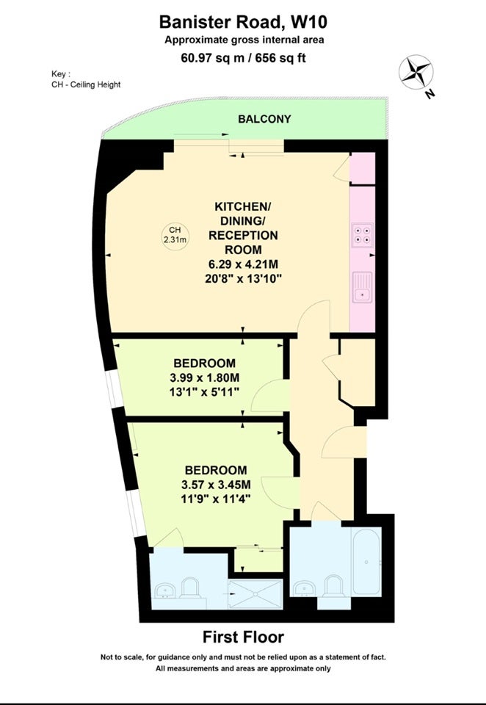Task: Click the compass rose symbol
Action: tap(416, 72)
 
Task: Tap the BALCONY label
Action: tap(264, 119)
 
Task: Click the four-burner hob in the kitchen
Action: tap(363, 235)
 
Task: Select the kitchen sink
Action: tap(363, 287)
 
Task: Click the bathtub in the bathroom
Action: tap(366, 562)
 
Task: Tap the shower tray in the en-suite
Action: tap(255, 594)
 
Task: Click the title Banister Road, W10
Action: tap(243, 21)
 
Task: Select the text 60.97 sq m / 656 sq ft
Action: tap(243, 58)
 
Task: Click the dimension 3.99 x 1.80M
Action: tap(205, 377)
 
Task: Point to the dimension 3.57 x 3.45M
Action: tap(216, 484)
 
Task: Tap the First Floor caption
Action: tap(243, 637)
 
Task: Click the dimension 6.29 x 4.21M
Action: tap(243, 264)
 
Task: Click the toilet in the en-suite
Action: tap(189, 587)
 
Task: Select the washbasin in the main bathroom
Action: tap(305, 588)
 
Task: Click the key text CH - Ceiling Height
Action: tap(86, 84)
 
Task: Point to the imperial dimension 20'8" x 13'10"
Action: tap(243, 279)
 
